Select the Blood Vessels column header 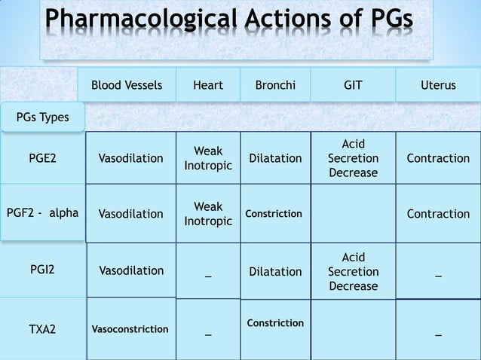tap(127, 86)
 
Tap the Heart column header tap(207, 86)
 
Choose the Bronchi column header tap(275, 86)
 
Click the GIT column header tap(353, 86)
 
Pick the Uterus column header tap(438, 86)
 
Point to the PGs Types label tap(42, 117)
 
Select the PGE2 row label tap(42, 158)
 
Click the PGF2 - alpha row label tap(42, 213)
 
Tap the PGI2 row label tap(42, 270)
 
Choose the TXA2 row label tap(42, 329)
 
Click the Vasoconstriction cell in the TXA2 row tap(130, 329)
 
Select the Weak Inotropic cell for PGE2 tap(207, 158)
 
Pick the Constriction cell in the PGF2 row tap(274, 214)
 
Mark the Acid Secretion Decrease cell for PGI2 tap(353, 271)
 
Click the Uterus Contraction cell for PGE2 tap(438, 158)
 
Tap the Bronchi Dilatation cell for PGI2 tap(275, 271)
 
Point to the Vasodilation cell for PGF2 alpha tap(130, 214)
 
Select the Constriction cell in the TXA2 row tap(275, 323)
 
